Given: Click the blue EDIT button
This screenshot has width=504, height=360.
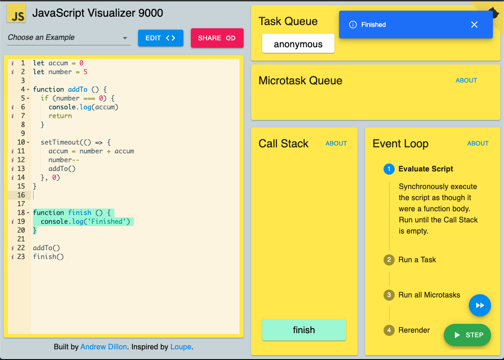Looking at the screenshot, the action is pyautogui.click(x=161, y=38).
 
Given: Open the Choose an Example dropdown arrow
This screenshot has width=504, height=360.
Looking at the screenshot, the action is pyautogui.click(x=125, y=38).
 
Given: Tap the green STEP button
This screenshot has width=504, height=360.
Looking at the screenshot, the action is pyautogui.click(x=467, y=335).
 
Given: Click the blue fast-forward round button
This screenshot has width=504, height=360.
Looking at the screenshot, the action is pyautogui.click(x=480, y=305).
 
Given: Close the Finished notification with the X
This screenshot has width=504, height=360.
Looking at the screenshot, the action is pyautogui.click(x=474, y=25).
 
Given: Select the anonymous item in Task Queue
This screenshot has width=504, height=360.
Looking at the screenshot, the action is pyautogui.click(x=298, y=44).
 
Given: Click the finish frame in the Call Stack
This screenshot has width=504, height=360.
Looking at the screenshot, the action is pyautogui.click(x=304, y=330).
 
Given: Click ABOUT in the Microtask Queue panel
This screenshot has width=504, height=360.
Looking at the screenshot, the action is pyautogui.click(x=466, y=80).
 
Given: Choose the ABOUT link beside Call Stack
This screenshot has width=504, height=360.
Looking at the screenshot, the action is pyautogui.click(x=336, y=143).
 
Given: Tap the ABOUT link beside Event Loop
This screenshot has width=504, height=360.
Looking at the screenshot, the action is pyautogui.click(x=478, y=143).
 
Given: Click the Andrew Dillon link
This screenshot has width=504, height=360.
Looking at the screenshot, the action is pyautogui.click(x=103, y=347).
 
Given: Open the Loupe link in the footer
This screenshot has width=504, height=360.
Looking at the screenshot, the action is pyautogui.click(x=181, y=347).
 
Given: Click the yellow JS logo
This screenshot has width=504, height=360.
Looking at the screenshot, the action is pyautogui.click(x=16, y=13).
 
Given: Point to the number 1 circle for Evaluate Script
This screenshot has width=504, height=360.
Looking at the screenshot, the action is pyautogui.click(x=389, y=169).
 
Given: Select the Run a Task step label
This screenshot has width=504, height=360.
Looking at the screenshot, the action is pyautogui.click(x=417, y=260).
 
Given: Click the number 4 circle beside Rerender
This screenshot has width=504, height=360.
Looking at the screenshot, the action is pyautogui.click(x=389, y=330).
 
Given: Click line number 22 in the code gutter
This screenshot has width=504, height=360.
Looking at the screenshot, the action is pyautogui.click(x=21, y=248).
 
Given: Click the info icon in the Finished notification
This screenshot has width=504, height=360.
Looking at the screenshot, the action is pyautogui.click(x=353, y=25).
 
